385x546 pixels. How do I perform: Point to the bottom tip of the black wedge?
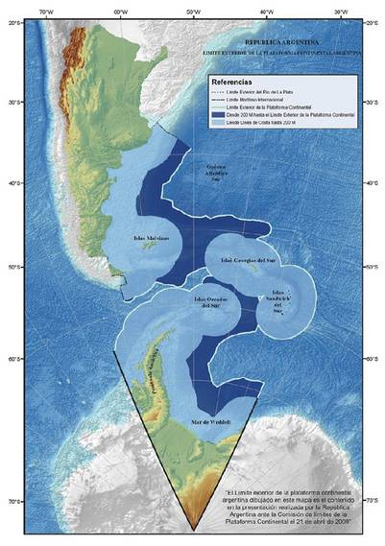[195, 530]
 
